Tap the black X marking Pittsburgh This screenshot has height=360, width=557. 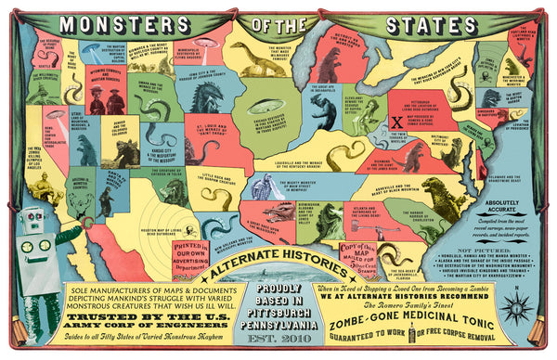(x=395, y=120)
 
